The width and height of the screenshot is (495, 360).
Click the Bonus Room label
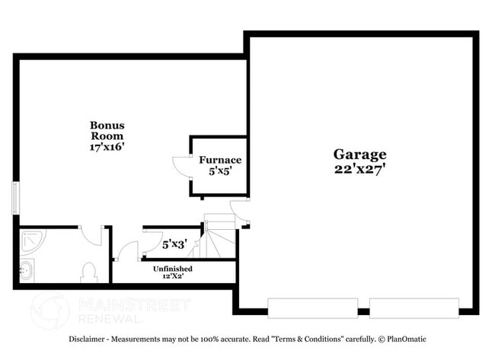click(x=107, y=130)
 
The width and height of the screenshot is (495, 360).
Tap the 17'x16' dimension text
click(x=107, y=147)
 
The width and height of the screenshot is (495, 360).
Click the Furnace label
click(x=220, y=160)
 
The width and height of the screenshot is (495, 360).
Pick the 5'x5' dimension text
click(x=220, y=172)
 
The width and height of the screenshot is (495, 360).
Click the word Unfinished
click(x=173, y=269)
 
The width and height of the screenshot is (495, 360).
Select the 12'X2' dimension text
click(x=173, y=277)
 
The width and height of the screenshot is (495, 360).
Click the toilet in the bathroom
click(x=88, y=272)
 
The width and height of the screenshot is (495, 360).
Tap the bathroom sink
click(x=27, y=269)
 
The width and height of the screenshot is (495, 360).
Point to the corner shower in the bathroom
click(x=32, y=240)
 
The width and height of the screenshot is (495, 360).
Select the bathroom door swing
click(x=91, y=235)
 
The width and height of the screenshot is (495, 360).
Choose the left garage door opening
click(x=312, y=308)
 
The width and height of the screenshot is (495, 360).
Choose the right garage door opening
click(x=414, y=308)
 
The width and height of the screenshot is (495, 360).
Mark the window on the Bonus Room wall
click(x=15, y=197)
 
